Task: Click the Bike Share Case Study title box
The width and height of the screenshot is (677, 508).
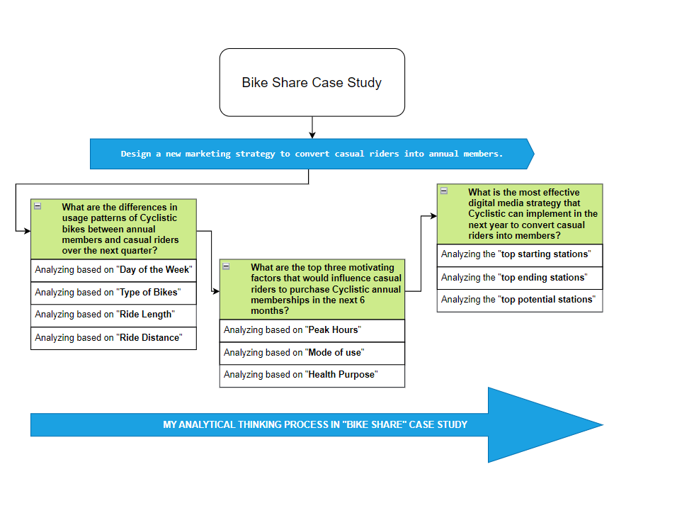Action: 312,82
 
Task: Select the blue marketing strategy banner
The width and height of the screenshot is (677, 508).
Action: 312,154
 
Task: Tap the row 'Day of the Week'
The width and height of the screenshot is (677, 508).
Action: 113,270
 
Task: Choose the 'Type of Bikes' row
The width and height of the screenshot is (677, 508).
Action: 113,293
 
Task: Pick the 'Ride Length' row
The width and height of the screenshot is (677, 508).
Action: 113,315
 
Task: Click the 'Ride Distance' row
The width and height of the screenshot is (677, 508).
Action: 113,338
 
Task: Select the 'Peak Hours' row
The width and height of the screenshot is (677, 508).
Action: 312,330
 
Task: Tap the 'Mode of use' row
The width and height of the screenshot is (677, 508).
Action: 312,354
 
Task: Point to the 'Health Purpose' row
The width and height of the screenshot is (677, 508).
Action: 312,376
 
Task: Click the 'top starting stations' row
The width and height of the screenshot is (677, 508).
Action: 520,255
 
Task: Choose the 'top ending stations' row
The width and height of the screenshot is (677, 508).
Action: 520,278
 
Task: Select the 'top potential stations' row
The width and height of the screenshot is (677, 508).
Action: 520,300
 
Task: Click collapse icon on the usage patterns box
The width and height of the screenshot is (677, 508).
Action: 38,206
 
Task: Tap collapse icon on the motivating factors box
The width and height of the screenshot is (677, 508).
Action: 226,266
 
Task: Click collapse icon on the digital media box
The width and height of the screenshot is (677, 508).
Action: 444,191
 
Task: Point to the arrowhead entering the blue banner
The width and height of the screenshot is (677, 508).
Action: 312,135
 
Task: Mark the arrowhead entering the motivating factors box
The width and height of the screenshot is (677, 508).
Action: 216,291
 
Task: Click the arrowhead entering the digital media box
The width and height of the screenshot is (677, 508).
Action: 434,216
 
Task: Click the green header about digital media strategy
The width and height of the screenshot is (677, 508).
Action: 520,214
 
